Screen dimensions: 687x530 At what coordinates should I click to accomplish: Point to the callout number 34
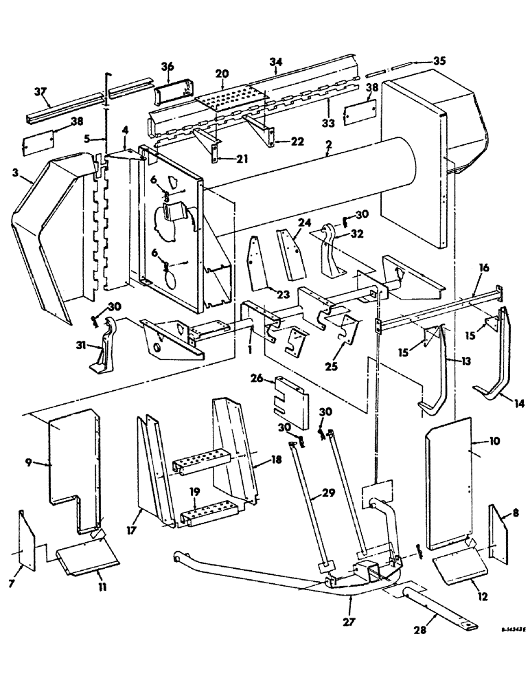coord(275,63)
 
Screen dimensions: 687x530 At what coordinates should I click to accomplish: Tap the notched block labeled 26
coord(290,395)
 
